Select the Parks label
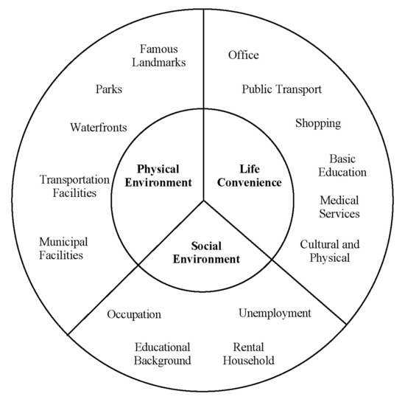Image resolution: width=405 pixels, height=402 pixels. (x=109, y=89)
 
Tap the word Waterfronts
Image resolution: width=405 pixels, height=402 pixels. (x=99, y=128)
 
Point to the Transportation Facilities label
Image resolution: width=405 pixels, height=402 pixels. (x=74, y=186)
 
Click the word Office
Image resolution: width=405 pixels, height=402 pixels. (x=244, y=55)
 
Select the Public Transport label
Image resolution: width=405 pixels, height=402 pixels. (x=282, y=89)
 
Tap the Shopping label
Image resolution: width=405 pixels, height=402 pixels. (x=318, y=123)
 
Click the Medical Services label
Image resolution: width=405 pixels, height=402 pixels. (x=339, y=207)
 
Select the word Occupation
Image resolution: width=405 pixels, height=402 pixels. (x=134, y=314)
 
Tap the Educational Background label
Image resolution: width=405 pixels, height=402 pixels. (x=163, y=353)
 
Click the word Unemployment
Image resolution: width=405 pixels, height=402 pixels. (x=275, y=313)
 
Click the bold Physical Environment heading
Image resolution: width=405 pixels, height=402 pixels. (x=158, y=176)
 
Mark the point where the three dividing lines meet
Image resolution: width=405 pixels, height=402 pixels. (x=203, y=199)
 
